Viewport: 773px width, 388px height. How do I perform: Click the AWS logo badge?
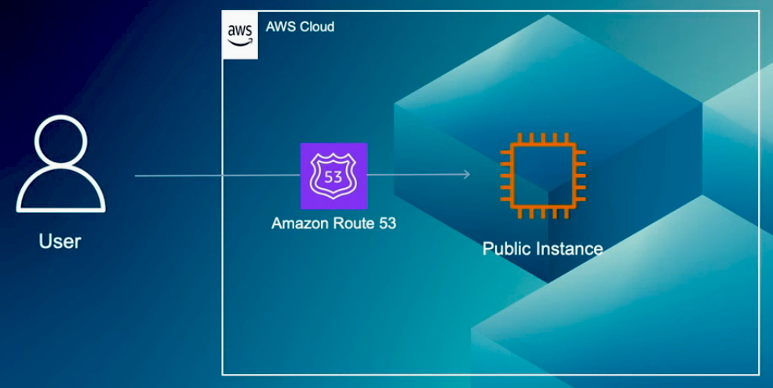coord(239,34)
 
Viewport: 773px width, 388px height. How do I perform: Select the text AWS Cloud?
coord(300,27)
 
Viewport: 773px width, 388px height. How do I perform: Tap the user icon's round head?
coord(60,143)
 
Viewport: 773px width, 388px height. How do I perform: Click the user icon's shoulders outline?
coord(60,193)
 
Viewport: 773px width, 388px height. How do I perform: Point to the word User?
coord(60,241)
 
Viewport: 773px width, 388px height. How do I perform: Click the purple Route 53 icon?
coord(334,176)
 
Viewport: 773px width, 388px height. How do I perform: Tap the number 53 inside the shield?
coord(334,176)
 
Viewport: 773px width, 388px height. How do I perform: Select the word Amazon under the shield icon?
coord(297,223)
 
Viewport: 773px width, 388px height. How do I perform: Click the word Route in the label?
coord(349,223)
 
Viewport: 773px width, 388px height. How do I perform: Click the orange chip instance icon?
coord(542,176)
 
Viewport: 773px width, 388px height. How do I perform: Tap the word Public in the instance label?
coord(506,249)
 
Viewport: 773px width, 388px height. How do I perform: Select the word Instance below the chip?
coord(568,249)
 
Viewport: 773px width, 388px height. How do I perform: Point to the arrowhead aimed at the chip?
coord(467,175)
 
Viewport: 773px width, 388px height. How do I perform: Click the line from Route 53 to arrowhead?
coord(416,175)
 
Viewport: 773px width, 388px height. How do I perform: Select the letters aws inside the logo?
coord(239,31)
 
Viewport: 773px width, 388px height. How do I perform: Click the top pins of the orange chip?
coord(542,138)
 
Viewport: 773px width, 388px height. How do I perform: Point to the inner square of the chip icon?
coord(542,176)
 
